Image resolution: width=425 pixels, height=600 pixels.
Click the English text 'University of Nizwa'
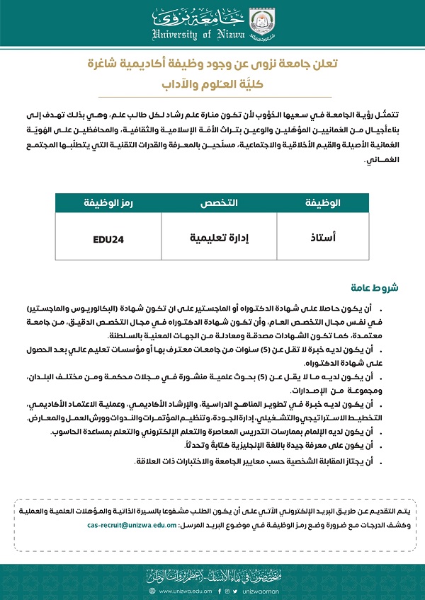click(x=198, y=34)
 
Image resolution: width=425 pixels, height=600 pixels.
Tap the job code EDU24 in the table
click(x=108, y=239)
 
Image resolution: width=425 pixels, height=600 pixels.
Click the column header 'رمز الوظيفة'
click(x=108, y=203)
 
